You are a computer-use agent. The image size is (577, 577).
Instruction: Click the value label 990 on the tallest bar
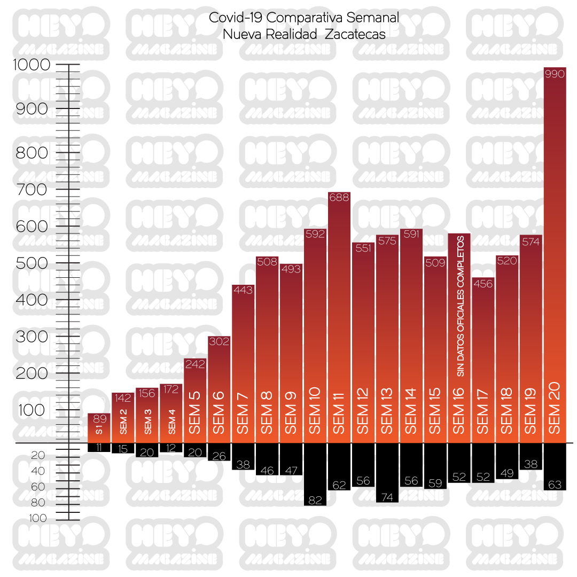tap(554, 75)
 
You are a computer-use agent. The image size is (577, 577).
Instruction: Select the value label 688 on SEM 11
tap(339, 198)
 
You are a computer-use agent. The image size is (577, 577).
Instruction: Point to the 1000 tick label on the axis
tap(32, 65)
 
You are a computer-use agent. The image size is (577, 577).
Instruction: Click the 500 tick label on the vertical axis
tap(32, 263)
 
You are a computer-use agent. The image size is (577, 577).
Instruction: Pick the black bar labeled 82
tap(315, 474)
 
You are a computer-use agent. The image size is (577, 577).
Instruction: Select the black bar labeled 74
tap(387, 472)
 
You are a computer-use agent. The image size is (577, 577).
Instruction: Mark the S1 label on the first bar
tap(99, 430)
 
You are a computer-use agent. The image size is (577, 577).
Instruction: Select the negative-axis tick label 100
tap(38, 518)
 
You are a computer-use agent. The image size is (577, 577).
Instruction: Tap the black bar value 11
tap(99, 448)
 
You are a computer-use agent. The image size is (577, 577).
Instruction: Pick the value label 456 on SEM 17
tap(482, 284)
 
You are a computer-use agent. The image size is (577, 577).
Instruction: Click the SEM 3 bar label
tap(147, 422)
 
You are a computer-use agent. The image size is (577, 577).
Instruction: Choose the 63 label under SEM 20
tap(555, 485)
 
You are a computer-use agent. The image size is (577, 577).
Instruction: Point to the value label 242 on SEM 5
tap(195, 365)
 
